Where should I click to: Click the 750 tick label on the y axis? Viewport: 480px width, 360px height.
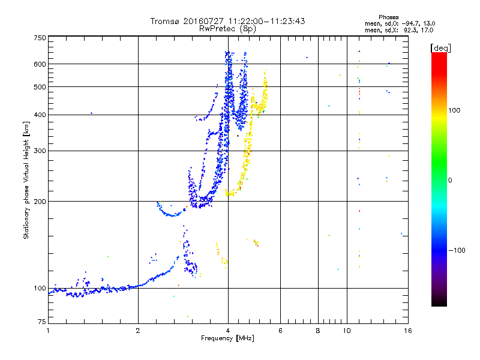click(40, 37)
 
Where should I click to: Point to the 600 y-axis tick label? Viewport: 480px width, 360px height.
click(40, 64)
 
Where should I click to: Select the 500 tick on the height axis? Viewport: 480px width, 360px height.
click(40, 86)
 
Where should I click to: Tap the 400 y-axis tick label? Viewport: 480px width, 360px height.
click(40, 115)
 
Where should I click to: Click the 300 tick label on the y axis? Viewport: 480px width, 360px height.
click(40, 151)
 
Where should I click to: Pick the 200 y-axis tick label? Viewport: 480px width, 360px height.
click(40, 201)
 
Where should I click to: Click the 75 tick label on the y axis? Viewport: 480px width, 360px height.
click(41, 323)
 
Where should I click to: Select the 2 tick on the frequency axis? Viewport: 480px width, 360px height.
click(138, 331)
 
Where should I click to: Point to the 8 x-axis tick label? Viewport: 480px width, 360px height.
click(318, 331)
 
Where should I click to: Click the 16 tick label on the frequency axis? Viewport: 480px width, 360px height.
click(407, 331)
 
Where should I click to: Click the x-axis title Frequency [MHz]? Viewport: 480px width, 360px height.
click(228, 338)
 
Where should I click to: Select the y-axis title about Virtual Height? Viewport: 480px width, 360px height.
click(26, 180)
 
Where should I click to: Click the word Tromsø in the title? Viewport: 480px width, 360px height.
click(165, 21)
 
